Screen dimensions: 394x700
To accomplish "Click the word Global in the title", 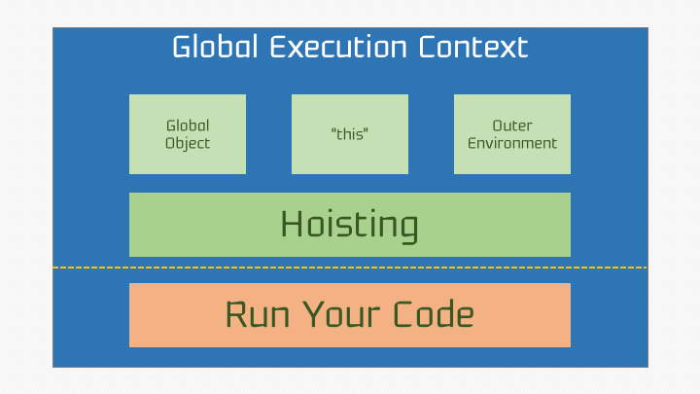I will [207, 47].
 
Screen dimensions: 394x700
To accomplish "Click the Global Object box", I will [188, 134].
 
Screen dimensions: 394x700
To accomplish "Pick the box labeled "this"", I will [350, 134].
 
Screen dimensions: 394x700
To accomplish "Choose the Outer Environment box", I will [512, 134].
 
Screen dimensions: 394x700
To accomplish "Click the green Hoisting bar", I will [350, 225].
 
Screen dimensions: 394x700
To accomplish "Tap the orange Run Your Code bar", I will [350, 315].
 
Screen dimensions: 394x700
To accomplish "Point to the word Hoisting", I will [350, 225].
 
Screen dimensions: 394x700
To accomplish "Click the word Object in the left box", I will [188, 143].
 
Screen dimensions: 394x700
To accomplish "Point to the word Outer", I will [512, 125].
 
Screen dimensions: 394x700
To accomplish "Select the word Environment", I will [512, 143].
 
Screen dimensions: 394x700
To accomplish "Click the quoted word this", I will [350, 134].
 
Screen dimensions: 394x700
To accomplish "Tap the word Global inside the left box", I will [188, 125].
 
